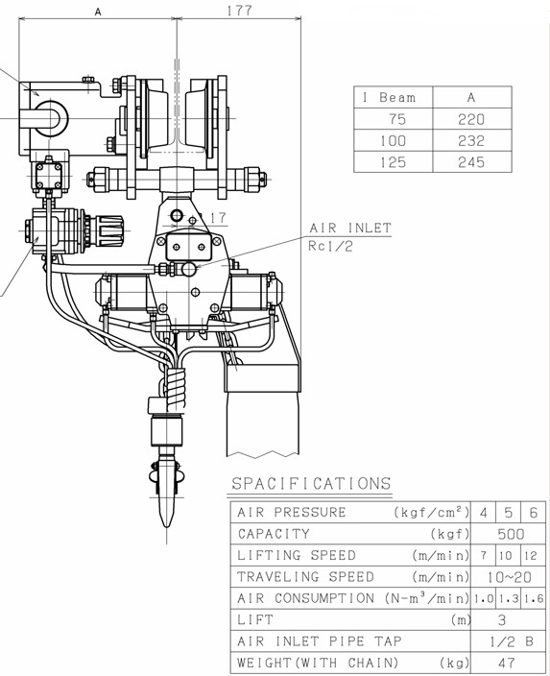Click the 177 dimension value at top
(239, 10)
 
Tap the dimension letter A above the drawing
(98, 12)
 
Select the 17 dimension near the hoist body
(218, 218)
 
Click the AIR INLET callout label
(350, 228)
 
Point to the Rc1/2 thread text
(330, 246)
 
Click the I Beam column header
(390, 97)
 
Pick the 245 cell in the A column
(471, 162)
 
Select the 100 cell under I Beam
(393, 140)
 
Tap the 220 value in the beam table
(471, 119)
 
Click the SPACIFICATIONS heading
(311, 483)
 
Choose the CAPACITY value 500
(511, 534)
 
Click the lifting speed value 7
(484, 556)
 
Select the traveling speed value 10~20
(510, 577)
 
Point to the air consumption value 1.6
(534, 598)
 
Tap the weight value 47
(506, 663)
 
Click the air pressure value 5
(509, 513)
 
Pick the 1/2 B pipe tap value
(512, 641)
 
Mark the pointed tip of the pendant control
(167, 527)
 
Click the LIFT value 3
(502, 620)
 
